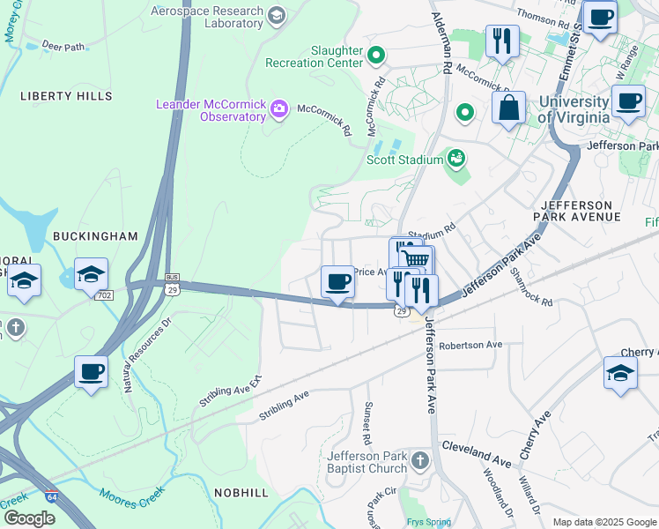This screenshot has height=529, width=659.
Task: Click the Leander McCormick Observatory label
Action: pos(211,110)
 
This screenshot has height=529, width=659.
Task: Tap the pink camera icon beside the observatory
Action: pos(279,109)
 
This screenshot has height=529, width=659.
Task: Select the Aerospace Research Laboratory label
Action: pos(207,18)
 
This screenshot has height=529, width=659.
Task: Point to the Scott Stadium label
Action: pos(404,160)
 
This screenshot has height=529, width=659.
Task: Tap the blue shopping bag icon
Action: pos(509,108)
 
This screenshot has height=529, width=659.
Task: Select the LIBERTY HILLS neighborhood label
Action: pos(66,95)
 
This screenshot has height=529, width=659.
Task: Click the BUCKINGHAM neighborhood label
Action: pos(95,236)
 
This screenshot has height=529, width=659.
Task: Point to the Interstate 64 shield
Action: pos(53,498)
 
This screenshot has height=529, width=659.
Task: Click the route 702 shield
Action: pos(105,294)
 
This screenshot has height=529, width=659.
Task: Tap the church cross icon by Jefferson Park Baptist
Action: pos(420,461)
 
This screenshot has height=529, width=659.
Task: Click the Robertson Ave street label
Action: pos(470,345)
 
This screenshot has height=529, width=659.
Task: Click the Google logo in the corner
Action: pos(29,518)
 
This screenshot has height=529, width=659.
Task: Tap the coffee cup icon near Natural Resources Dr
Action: pos(91,371)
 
